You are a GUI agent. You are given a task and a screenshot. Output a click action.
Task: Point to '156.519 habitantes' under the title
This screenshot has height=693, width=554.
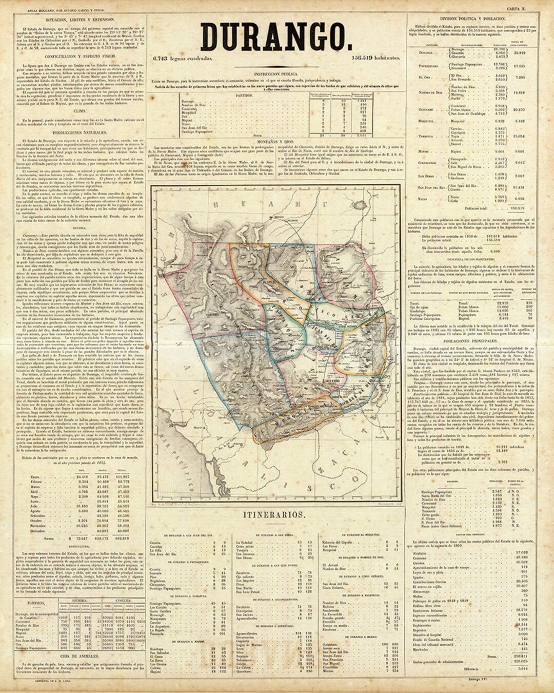(x=376, y=58)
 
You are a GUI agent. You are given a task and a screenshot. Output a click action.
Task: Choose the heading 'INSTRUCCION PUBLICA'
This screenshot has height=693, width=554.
(x=276, y=74)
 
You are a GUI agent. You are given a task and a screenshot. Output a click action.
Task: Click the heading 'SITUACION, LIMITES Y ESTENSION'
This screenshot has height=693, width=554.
(x=80, y=19)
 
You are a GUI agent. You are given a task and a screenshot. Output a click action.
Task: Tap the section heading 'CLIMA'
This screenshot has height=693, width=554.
(x=80, y=110)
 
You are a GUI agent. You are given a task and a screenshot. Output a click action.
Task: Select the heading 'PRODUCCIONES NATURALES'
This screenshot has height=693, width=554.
(x=80, y=132)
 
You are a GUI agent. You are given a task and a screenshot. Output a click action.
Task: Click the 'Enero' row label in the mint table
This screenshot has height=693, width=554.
(x=35, y=477)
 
